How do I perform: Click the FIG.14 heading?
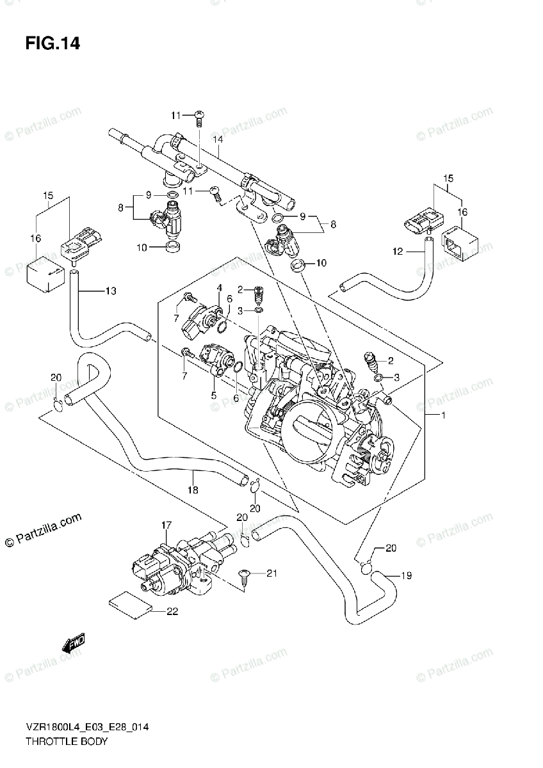click(53, 44)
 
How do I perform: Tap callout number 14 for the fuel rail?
click(218, 140)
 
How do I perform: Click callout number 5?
click(213, 396)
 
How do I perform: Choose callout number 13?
click(110, 292)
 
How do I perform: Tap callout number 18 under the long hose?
click(193, 490)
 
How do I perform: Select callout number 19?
click(405, 576)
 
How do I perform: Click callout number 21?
click(271, 573)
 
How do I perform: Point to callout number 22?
click(171, 612)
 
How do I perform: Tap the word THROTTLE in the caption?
click(47, 742)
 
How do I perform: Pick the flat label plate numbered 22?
click(131, 605)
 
